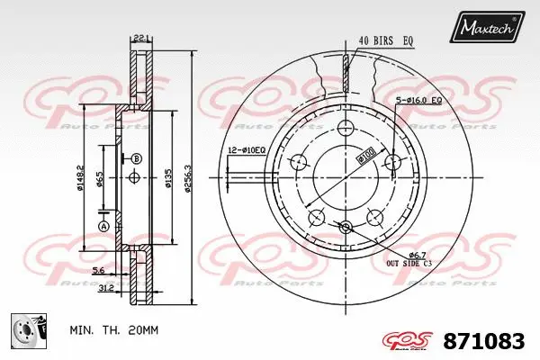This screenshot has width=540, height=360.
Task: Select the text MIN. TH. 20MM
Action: [114, 330]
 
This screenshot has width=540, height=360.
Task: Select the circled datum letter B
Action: [137, 159]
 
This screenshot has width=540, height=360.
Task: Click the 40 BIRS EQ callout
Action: [387, 40]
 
